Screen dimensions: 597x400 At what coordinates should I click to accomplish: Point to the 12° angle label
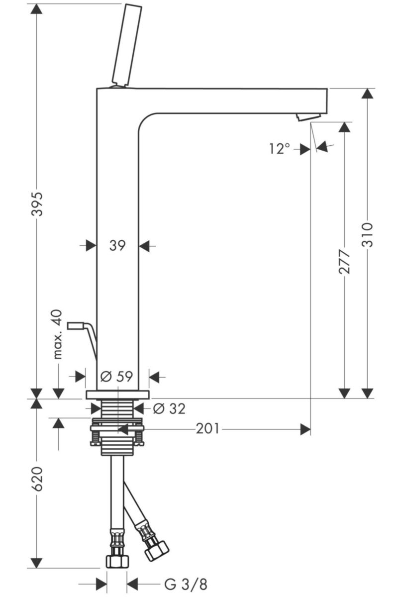click(279, 148)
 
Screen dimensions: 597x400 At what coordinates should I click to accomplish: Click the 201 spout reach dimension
click(207, 429)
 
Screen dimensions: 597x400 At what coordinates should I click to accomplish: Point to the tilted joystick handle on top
click(126, 45)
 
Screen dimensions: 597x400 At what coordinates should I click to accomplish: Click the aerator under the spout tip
click(308, 117)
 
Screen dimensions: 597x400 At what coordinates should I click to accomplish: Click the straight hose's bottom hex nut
click(117, 561)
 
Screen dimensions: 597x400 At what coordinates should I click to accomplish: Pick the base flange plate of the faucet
click(117, 394)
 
